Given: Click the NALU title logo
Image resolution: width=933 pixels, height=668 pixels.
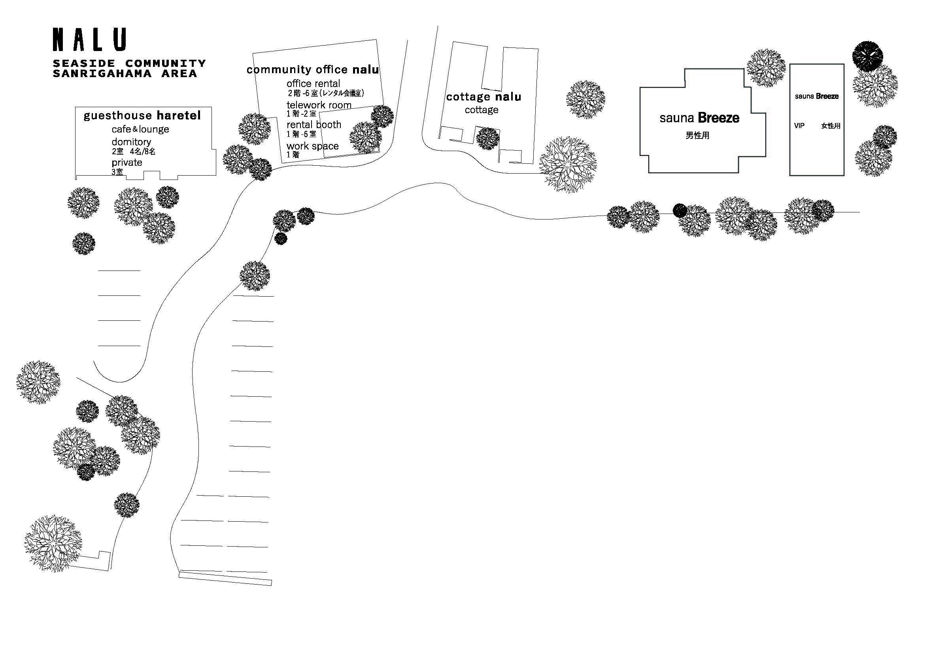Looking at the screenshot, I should point(89,40).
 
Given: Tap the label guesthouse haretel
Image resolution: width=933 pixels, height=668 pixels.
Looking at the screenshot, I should point(142,115).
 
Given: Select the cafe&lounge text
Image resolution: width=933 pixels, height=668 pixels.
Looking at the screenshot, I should point(140,129).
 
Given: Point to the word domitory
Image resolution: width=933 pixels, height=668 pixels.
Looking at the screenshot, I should point(131,142).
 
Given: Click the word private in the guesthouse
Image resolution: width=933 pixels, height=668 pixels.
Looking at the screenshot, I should point(127,163).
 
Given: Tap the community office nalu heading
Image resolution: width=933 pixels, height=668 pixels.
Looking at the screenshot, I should point(312,70).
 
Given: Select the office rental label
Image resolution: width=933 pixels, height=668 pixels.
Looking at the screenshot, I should point(314,83).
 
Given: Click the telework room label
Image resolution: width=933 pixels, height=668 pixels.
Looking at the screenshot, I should point(319,105).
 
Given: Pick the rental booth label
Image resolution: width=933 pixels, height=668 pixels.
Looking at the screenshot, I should point(314,125).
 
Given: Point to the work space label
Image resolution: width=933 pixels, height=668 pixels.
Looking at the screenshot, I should point(312,146).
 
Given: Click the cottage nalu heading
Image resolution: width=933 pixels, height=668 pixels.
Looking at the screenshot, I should point(483,97).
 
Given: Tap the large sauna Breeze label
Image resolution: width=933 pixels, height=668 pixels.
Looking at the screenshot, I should point(699,118).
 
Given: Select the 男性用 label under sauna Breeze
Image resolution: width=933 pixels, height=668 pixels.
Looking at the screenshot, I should point(697,135).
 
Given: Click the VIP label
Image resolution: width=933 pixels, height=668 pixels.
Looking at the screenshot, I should point(799,126).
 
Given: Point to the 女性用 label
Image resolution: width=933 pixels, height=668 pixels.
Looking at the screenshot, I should point(831,126).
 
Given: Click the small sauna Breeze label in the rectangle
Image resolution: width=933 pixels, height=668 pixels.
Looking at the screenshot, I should point(816,96).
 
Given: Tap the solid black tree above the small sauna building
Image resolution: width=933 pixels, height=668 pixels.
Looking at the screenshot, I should point(867,56).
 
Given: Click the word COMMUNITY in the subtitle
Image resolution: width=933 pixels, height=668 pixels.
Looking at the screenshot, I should point(165,63).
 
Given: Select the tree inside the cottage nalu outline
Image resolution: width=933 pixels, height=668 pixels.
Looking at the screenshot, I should point(487,138).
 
